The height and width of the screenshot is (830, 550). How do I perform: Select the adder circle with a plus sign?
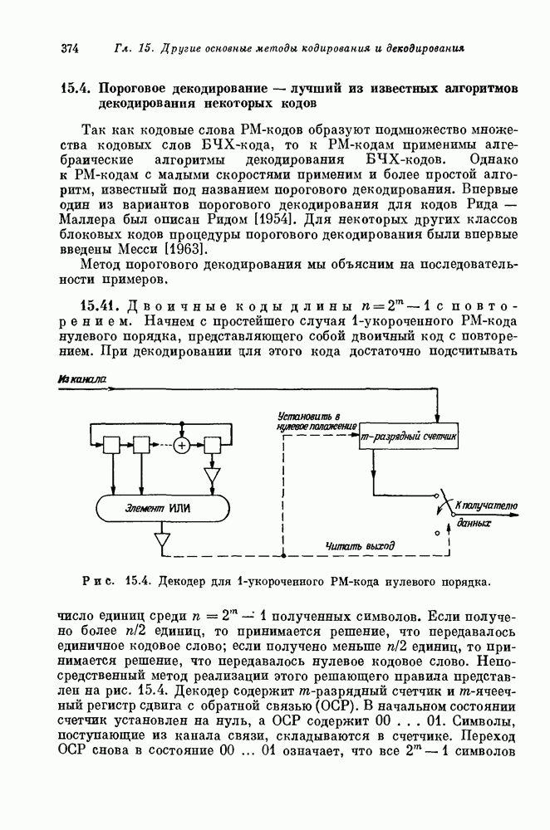point(181,446)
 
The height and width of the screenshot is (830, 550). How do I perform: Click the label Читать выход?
point(351,544)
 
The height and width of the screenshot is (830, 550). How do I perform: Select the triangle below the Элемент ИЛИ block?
point(160,541)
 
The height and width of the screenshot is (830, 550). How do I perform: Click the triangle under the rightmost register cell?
point(211,475)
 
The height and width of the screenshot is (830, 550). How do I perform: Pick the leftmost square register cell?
point(112,446)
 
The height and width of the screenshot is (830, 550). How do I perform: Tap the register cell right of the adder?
point(211,446)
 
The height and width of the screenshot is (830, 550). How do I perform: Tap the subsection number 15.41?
point(98,301)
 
